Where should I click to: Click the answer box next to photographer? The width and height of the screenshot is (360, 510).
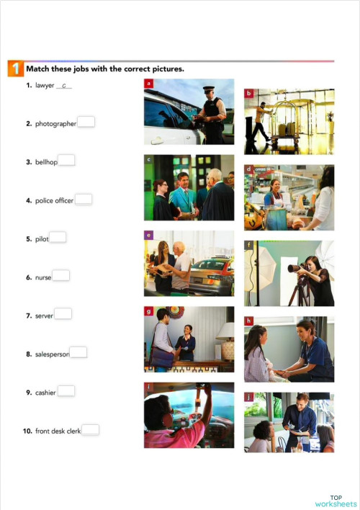[x=86, y=122]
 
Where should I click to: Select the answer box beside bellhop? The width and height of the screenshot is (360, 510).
[x=66, y=161]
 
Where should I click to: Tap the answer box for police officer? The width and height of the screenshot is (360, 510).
[x=83, y=200]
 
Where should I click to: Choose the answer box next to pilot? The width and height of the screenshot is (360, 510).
[x=58, y=238]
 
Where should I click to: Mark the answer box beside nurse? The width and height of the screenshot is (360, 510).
[x=60, y=276]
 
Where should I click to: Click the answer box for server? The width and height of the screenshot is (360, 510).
[x=63, y=314]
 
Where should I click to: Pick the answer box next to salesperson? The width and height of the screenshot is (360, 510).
[x=78, y=353]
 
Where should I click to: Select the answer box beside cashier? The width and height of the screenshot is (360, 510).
[x=66, y=391]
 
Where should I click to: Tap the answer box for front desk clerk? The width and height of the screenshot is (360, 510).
[x=90, y=430]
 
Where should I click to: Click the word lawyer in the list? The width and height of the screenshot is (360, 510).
[x=45, y=86]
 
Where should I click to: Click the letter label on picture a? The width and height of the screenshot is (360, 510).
[x=148, y=84]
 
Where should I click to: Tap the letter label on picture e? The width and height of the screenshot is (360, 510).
[x=148, y=235]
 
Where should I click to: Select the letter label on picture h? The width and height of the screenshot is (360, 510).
[x=248, y=321]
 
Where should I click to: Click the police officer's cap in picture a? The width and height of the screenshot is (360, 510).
[x=208, y=89]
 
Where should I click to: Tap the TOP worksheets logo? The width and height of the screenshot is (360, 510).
[x=336, y=501]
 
